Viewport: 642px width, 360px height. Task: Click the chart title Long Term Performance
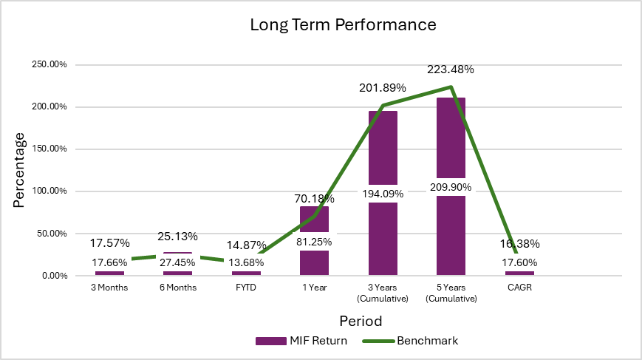coord(343,24)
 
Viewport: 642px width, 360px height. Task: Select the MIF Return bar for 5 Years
coord(451,133)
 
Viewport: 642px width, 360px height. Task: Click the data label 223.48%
coord(451,69)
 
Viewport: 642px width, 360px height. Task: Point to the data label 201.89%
coord(383,88)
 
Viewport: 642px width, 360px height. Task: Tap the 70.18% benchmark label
coord(314,198)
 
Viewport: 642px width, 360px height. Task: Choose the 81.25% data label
coord(314,242)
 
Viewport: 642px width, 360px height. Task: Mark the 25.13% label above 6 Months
coord(177,237)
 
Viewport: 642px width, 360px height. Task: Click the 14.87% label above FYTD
coord(246,245)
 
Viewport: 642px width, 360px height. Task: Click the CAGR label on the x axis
coord(519,288)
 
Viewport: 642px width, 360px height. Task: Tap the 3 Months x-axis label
coord(109,288)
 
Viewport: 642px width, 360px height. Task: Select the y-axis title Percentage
coord(19,170)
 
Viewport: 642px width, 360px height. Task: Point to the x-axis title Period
coord(362,322)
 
